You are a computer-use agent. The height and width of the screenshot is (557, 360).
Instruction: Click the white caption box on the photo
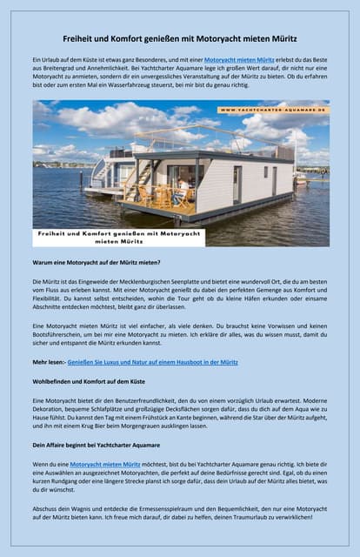(118, 238)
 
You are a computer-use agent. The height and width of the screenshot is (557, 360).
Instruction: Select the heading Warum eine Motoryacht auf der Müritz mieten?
(97, 262)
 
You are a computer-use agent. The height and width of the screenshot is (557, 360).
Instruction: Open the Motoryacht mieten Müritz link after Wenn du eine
(104, 465)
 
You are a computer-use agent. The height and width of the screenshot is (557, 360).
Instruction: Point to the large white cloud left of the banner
(130, 117)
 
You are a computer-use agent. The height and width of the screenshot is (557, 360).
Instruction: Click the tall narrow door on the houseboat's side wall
(237, 185)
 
